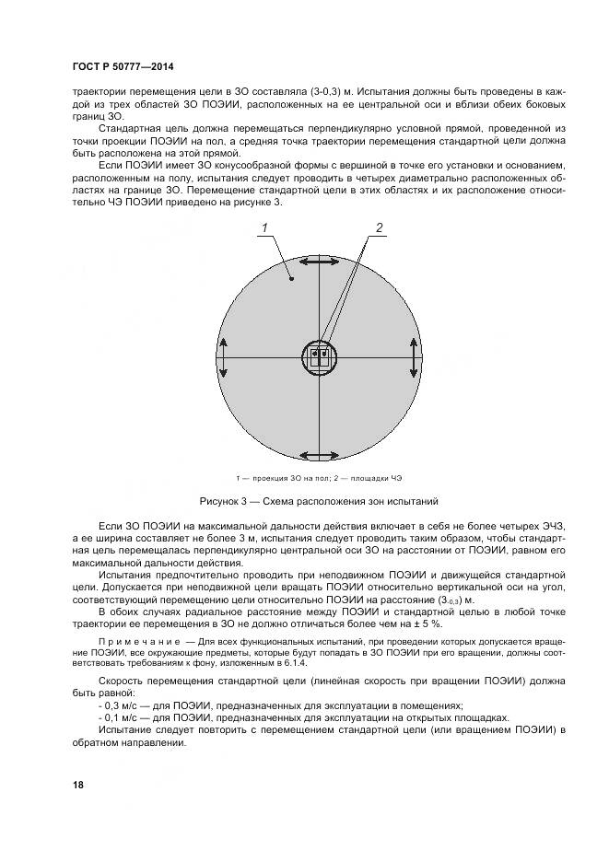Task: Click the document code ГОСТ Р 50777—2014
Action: (x=122, y=68)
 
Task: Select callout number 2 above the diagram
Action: (x=378, y=227)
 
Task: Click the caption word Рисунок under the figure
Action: (x=221, y=502)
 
